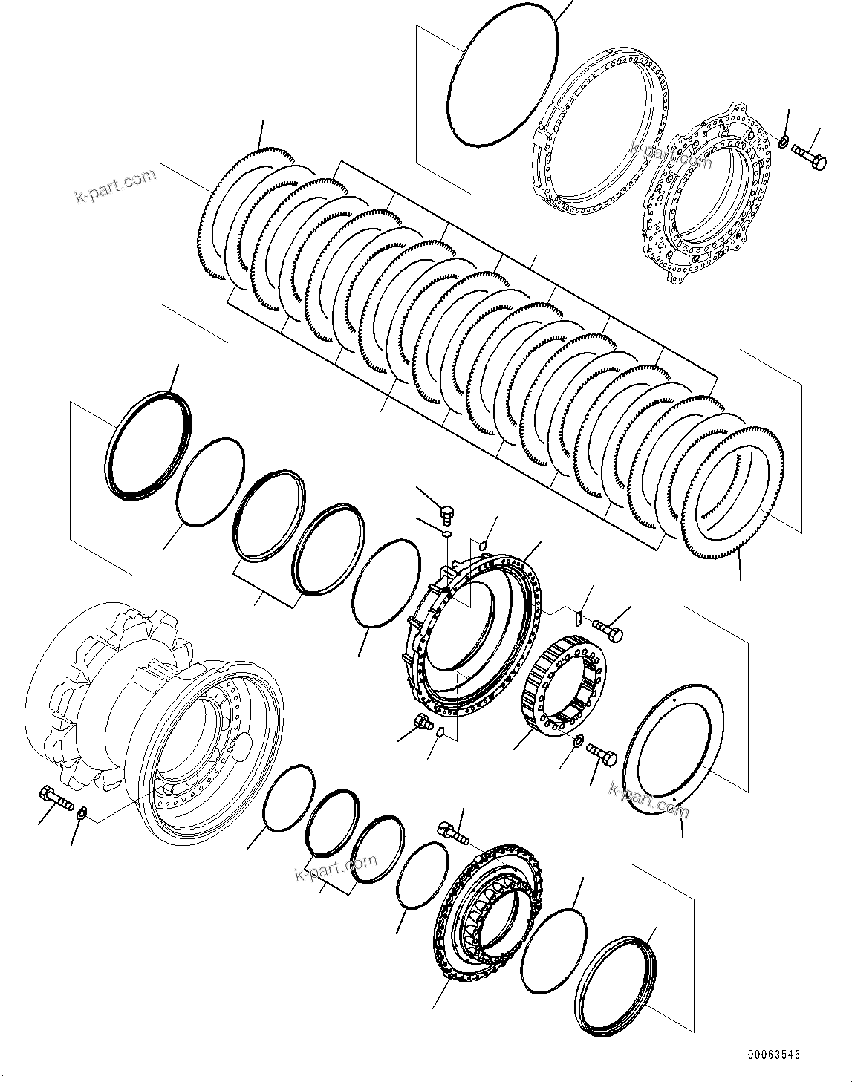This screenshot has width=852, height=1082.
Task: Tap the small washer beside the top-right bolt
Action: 784,140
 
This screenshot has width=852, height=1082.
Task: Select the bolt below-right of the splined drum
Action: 602,755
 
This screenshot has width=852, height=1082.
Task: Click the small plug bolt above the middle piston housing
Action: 447,512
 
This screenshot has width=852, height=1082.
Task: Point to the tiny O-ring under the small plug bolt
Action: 446,532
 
